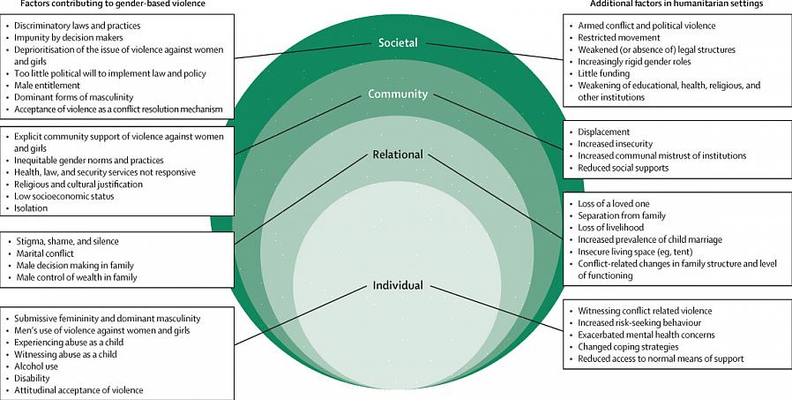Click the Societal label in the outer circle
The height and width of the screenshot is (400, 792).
[398, 42]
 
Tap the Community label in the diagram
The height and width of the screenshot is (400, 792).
[398, 94]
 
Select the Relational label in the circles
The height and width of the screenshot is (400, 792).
[397, 155]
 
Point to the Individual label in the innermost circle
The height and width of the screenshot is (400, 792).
[397, 285]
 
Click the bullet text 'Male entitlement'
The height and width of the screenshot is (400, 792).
[49, 86]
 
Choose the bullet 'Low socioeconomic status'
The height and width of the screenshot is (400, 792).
[64, 196]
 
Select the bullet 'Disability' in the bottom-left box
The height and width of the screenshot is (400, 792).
[34, 378]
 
